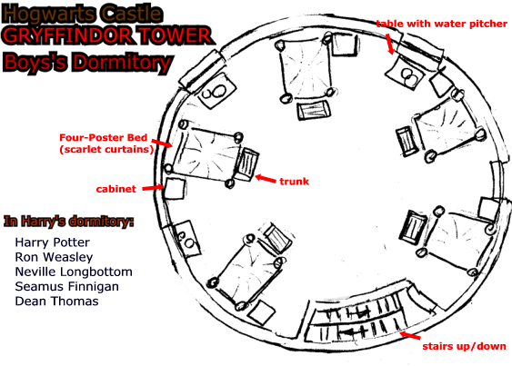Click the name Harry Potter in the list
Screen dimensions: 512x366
pyautogui.click(x=52, y=242)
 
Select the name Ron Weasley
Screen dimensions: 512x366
pyautogui.click(x=54, y=257)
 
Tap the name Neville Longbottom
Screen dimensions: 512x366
pyautogui.click(x=74, y=272)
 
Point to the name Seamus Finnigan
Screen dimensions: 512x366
pyautogui.click(x=67, y=287)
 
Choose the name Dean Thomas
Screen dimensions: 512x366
pyautogui.click(x=56, y=302)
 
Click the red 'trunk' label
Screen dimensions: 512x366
pyautogui.click(x=295, y=182)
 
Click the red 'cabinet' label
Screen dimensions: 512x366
pyautogui.click(x=115, y=189)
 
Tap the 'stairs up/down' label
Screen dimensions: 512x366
pyautogui.click(x=464, y=346)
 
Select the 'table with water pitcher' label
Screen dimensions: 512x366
pyautogui.click(x=441, y=24)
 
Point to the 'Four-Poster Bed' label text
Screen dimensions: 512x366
pyautogui.click(x=103, y=138)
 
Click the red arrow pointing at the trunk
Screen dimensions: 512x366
pyautogui.click(x=266, y=179)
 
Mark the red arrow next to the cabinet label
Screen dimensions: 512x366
pyautogui.click(x=153, y=188)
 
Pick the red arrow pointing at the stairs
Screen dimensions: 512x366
pyautogui.click(x=410, y=335)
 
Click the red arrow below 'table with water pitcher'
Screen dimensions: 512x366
pyautogui.click(x=390, y=44)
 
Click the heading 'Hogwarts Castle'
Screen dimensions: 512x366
pyautogui.click(x=82, y=13)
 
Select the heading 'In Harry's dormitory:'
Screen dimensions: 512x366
pyautogui.click(x=68, y=222)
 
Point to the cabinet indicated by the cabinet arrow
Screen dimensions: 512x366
pyautogui.click(x=175, y=189)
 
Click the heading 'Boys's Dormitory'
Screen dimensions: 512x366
pyautogui.click(x=87, y=62)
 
